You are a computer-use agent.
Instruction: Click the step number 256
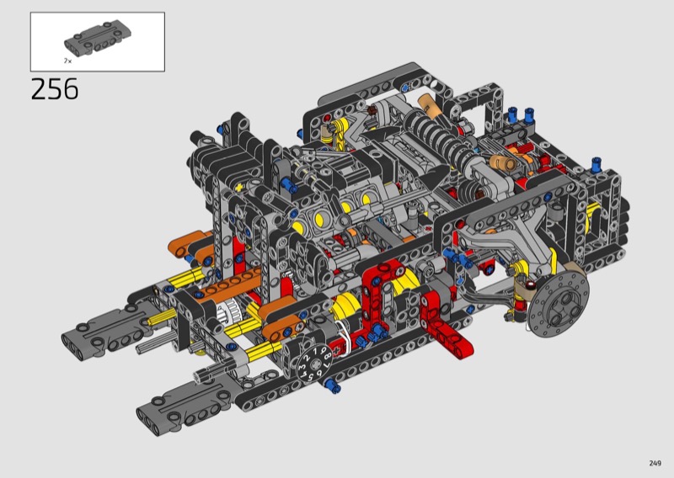tap(55, 89)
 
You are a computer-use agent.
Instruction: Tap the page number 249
tap(655, 463)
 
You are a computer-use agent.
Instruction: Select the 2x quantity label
tap(68, 61)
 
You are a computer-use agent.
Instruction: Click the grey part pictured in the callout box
tap(98, 38)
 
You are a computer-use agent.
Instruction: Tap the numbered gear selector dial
tap(314, 364)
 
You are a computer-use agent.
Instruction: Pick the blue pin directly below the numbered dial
tap(333, 385)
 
